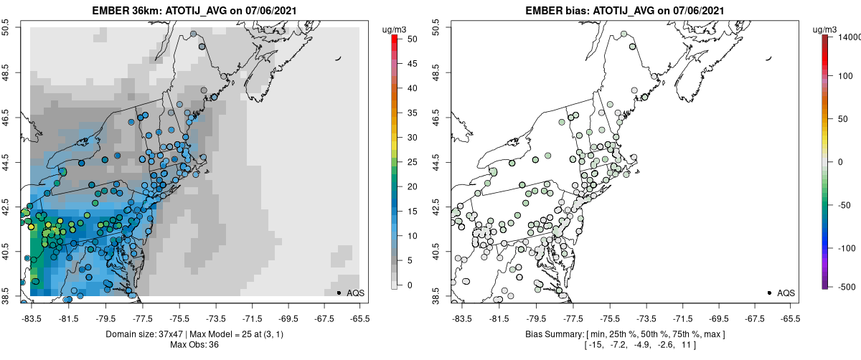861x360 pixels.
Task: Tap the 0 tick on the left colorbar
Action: (404, 285)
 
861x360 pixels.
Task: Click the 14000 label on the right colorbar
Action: (850, 37)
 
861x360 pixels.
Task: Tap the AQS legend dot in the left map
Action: (339, 293)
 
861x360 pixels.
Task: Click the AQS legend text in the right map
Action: (786, 293)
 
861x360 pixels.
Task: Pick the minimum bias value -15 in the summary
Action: (593, 346)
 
